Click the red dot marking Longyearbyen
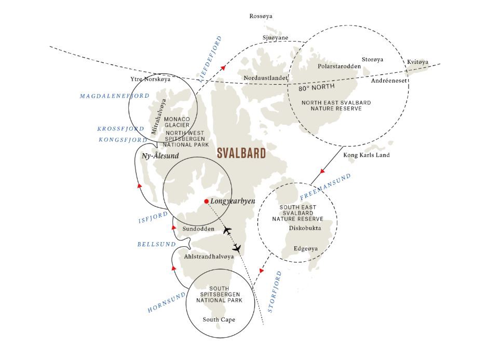click(207, 202)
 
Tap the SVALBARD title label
click(241, 153)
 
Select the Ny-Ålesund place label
click(160, 156)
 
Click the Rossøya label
click(261, 16)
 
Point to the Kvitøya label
click(417, 62)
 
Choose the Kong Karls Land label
click(367, 155)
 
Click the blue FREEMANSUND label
click(326, 186)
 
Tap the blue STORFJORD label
click(275, 292)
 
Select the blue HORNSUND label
click(167, 302)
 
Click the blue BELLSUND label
click(156, 244)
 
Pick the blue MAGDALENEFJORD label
click(115, 96)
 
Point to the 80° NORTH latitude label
click(316, 87)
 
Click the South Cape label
click(219, 319)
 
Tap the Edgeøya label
click(306, 249)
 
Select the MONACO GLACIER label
click(177, 122)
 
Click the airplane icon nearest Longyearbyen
click(227, 231)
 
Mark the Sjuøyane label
click(275, 38)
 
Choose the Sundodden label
click(198, 229)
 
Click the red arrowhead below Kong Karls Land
click(322, 171)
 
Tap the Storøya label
click(372, 60)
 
